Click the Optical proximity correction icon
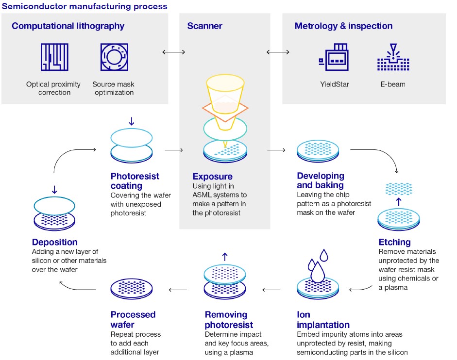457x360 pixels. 54,58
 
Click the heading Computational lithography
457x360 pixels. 68,26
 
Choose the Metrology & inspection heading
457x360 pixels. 343,26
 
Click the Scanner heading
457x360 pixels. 204,26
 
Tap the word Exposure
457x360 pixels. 212,177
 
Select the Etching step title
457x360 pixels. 394,242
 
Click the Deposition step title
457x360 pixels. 55,242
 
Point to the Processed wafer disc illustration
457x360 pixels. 133,289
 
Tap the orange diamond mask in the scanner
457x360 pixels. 224,108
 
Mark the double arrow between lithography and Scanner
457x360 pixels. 173,52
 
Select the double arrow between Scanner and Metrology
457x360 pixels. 276,52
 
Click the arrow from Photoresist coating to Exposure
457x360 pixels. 173,150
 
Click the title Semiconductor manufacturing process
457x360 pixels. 85,6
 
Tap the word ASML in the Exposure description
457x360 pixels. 203,195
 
